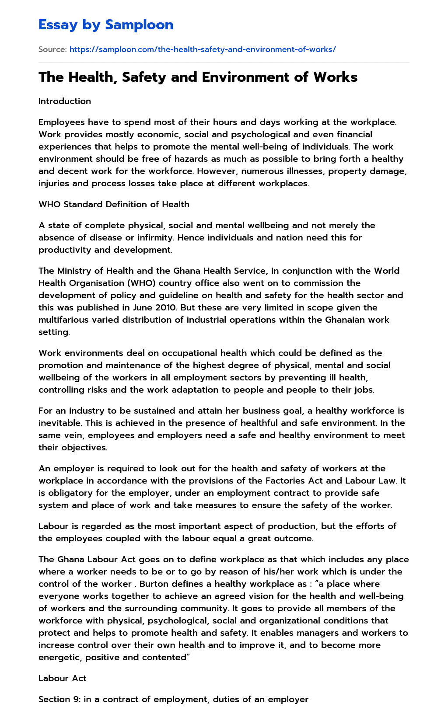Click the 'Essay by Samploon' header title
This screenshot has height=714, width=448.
click(x=106, y=25)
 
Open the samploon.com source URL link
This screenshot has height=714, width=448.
click(x=203, y=49)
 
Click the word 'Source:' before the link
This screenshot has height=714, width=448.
click(x=52, y=49)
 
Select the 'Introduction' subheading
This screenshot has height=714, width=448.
click(x=65, y=101)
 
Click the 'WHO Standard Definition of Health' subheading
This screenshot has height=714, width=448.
click(x=114, y=204)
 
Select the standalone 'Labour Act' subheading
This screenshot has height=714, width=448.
click(x=62, y=678)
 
